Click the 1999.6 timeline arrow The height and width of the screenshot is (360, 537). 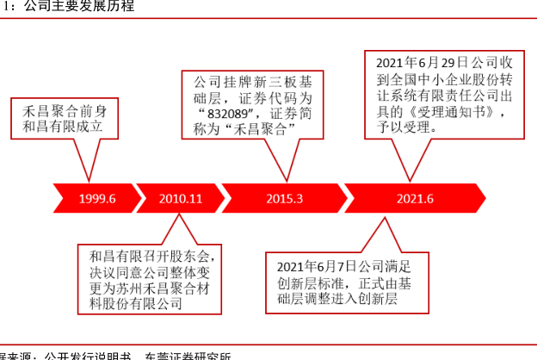tap(95, 198)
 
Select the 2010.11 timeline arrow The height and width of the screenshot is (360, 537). tap(180, 198)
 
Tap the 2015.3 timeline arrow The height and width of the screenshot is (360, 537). tap(283, 198)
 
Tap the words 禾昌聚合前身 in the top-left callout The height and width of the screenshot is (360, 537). tap(59, 110)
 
